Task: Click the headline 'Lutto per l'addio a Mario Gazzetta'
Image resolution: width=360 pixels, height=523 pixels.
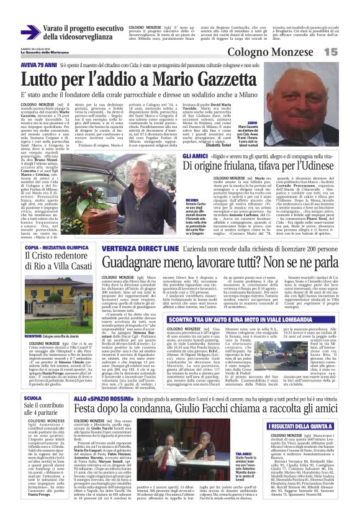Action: (156, 80)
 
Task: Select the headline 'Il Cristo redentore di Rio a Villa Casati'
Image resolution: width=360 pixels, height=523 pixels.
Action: (58, 265)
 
